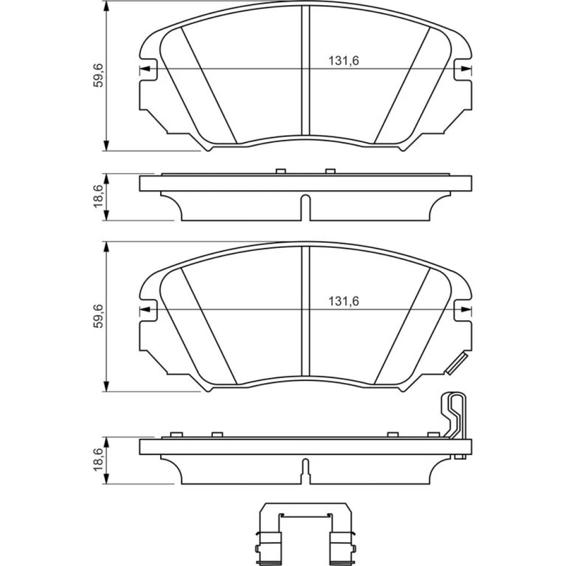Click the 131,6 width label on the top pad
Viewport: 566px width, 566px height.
click(x=344, y=61)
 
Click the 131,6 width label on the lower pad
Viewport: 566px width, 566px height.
click(x=344, y=301)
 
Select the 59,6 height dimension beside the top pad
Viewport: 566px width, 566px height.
click(x=98, y=75)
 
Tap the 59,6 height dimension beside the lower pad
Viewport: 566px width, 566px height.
click(x=98, y=316)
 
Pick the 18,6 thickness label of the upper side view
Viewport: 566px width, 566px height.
click(x=98, y=196)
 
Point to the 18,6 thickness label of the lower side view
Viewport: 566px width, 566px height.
click(x=98, y=460)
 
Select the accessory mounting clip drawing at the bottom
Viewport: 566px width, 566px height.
click(x=306, y=534)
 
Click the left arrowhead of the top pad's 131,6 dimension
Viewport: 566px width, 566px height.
click(x=144, y=68)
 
